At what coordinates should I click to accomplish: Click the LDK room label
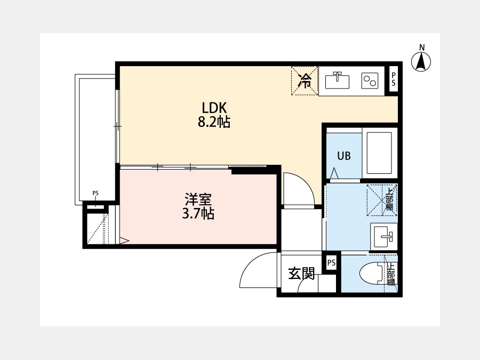click(x=214, y=108)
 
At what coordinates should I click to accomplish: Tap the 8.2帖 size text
click(x=214, y=122)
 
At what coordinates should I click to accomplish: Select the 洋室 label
click(x=198, y=199)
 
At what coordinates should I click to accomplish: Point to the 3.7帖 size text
click(x=198, y=214)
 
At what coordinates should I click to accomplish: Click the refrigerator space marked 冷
click(x=305, y=81)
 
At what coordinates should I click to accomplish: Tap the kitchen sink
click(x=337, y=81)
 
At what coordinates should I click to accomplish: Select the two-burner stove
click(x=370, y=81)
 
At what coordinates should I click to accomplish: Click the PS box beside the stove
click(x=394, y=79)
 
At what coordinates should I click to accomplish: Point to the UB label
click(x=344, y=156)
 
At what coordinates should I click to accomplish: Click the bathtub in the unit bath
click(x=380, y=153)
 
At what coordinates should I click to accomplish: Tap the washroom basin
click(x=383, y=237)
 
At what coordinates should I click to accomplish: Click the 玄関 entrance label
click(x=301, y=274)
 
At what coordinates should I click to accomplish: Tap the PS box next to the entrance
click(x=331, y=262)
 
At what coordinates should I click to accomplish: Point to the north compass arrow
click(x=421, y=61)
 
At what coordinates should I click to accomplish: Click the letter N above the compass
click(x=422, y=47)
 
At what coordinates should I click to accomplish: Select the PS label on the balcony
click(x=95, y=193)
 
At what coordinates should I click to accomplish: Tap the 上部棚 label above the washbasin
click(x=389, y=199)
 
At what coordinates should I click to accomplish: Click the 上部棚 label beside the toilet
click(x=391, y=274)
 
